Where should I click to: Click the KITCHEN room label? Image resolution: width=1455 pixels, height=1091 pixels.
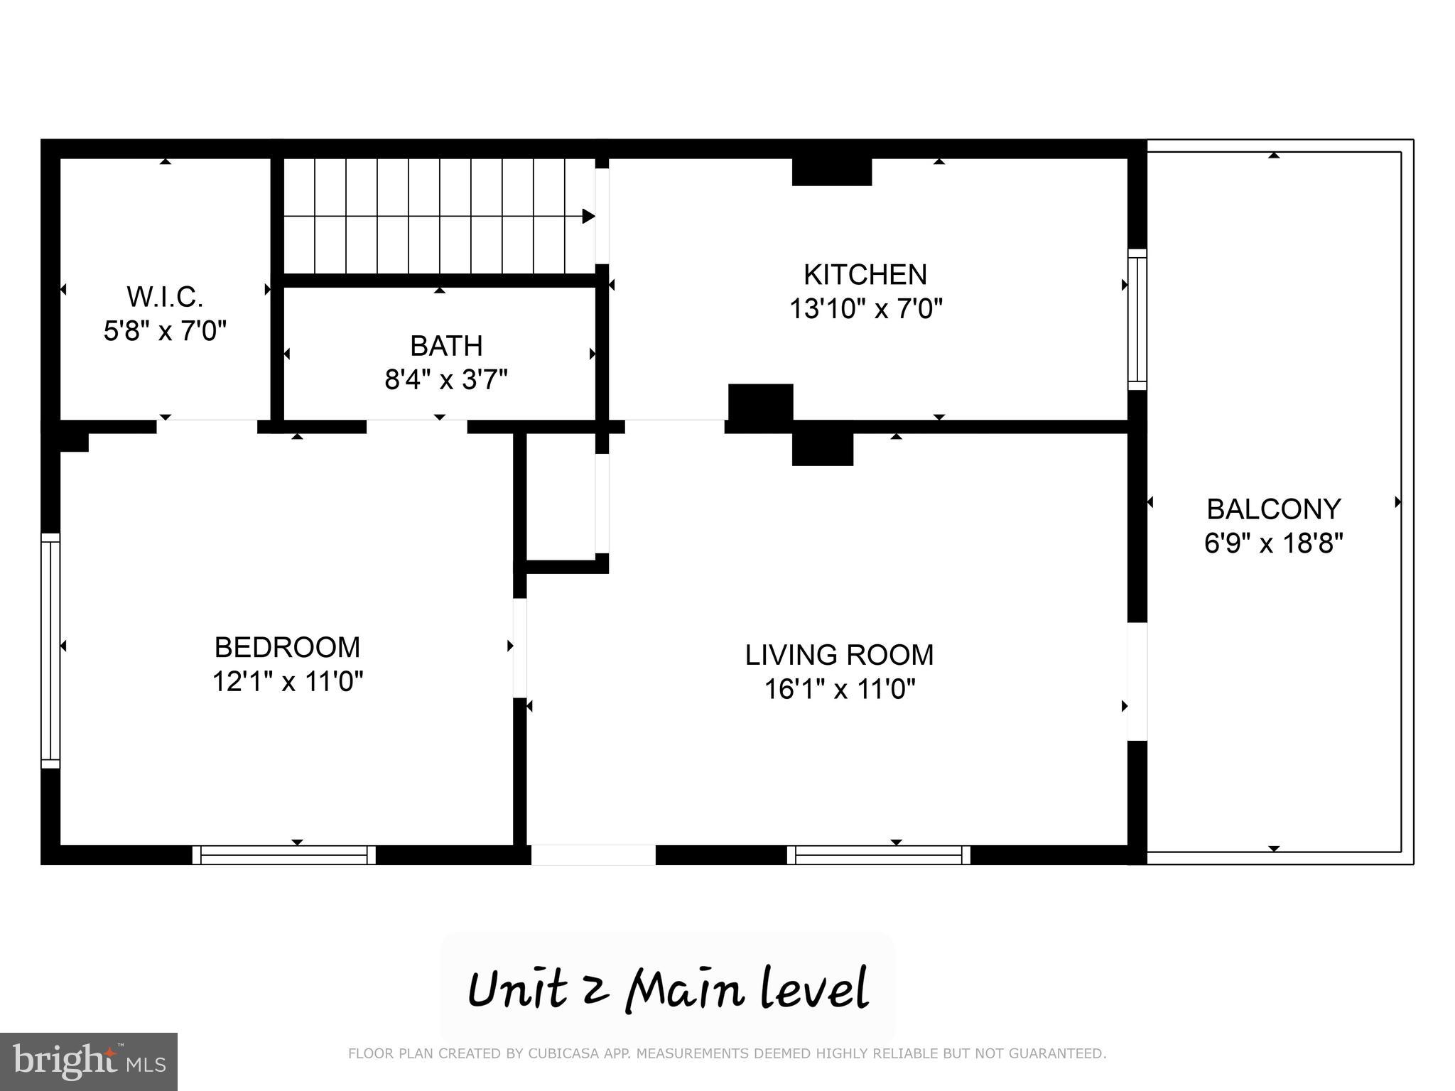click(865, 275)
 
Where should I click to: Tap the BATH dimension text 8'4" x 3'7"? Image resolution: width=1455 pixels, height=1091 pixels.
click(446, 380)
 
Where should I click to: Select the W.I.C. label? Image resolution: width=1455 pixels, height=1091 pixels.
click(165, 297)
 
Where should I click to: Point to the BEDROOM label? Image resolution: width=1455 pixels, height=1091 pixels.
click(287, 647)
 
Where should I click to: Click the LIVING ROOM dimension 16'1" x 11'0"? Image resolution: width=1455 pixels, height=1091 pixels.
click(839, 689)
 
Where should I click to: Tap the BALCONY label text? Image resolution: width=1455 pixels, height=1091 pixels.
click(1273, 509)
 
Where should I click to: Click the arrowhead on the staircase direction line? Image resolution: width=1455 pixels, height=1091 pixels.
click(588, 216)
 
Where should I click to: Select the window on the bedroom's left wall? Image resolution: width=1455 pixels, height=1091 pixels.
click(50, 650)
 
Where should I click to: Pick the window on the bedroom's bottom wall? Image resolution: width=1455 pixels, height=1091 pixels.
click(283, 854)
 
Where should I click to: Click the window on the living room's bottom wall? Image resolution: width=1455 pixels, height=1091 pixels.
click(878, 854)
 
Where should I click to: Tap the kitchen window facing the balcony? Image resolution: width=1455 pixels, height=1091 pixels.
click(1137, 319)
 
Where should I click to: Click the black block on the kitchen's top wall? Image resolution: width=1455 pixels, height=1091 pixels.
click(831, 172)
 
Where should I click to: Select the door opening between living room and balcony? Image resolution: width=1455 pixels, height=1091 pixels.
click(1137, 682)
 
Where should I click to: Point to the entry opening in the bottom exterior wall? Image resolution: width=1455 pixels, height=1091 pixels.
click(593, 854)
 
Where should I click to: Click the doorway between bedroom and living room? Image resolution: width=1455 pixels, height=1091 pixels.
click(519, 648)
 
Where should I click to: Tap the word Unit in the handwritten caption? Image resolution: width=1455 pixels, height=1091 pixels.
click(517, 989)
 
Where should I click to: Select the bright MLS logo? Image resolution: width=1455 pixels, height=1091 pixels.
click(88, 1061)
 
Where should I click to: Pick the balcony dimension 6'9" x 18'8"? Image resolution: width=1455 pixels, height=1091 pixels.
click(1273, 544)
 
